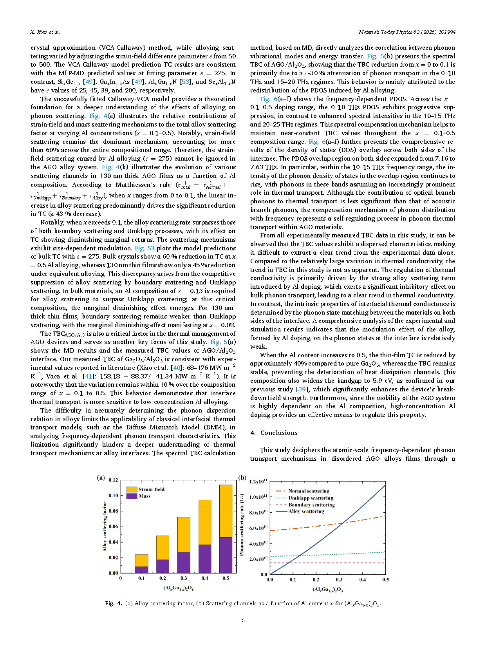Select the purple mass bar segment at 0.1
click(x=141, y=569)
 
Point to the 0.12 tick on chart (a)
click(x=113, y=480)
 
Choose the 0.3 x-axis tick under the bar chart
click(x=184, y=578)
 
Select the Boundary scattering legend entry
click(x=311, y=505)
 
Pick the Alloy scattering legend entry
click(x=306, y=511)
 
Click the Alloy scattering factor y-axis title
click(x=105, y=526)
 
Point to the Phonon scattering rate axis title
click(x=242, y=525)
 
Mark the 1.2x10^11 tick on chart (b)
click(x=258, y=481)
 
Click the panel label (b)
click(x=242, y=478)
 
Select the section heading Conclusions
click(x=279, y=433)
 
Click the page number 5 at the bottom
click(x=243, y=620)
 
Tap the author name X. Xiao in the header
click(x=45, y=32)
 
